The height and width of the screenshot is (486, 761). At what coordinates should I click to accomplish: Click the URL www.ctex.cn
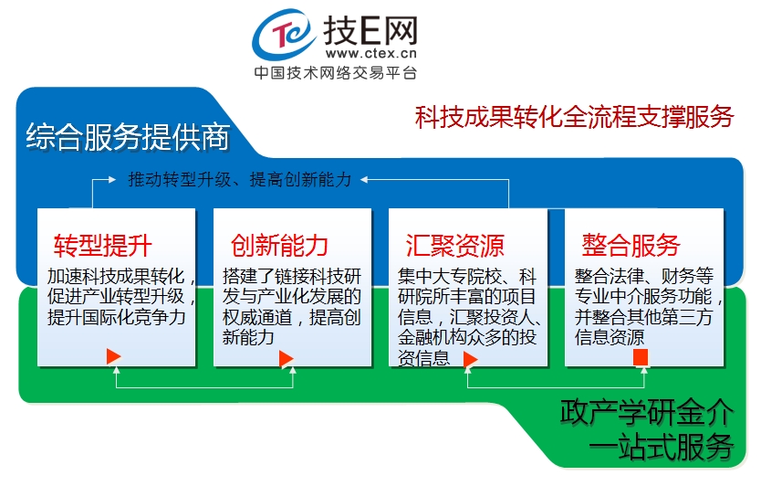(371, 52)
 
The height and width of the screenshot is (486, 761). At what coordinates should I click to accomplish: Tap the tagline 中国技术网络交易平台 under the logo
(336, 73)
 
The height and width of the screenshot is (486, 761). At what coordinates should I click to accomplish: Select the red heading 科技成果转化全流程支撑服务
(574, 117)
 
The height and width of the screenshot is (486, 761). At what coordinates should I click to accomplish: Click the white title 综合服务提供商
(128, 136)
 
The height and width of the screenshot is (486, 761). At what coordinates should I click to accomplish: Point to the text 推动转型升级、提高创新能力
(240, 180)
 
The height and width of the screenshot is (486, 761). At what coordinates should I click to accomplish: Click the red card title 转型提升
(103, 245)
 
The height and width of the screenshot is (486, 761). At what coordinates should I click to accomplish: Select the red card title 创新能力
(279, 245)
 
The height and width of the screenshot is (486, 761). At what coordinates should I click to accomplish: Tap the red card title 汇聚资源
(455, 245)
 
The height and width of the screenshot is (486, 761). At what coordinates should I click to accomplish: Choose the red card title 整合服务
(631, 245)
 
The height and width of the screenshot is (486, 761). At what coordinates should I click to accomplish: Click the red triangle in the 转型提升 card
(113, 356)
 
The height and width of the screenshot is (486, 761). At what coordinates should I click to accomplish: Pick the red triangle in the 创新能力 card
(287, 359)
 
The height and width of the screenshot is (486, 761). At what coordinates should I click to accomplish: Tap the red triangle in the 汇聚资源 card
(470, 360)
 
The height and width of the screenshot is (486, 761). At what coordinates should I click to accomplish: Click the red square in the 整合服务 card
(641, 357)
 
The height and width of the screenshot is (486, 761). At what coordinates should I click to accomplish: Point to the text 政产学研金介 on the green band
(647, 413)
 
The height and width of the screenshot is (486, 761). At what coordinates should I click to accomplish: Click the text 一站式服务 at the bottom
(661, 446)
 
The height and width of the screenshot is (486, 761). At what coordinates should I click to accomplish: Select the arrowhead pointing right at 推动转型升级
(112, 180)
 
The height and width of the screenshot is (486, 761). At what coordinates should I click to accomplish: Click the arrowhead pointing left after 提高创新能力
(364, 180)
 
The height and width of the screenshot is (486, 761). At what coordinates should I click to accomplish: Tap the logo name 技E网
(370, 30)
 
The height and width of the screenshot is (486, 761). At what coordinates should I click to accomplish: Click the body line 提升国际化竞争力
(117, 317)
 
